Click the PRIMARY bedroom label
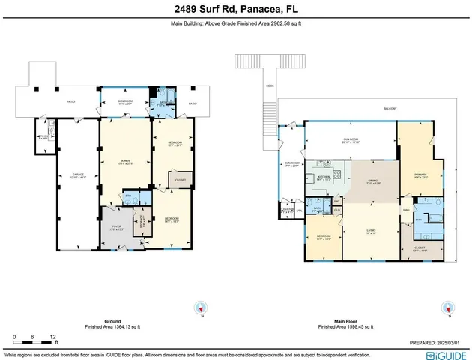click(x=420, y=176)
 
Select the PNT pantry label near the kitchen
click(x=337, y=202)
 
